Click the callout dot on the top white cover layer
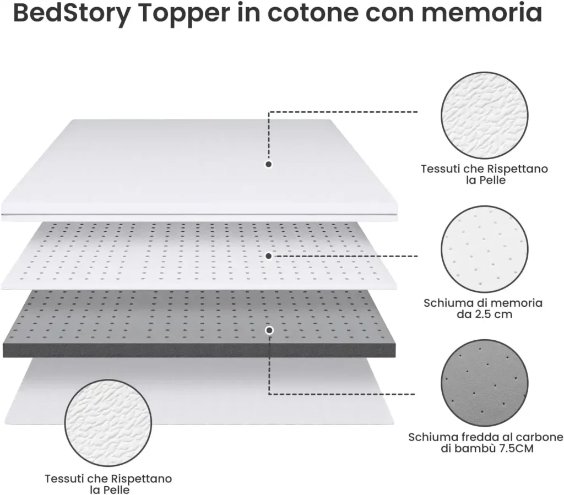[x=269, y=164]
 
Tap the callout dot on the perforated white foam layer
[x=268, y=256]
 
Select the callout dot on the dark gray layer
[x=269, y=330]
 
